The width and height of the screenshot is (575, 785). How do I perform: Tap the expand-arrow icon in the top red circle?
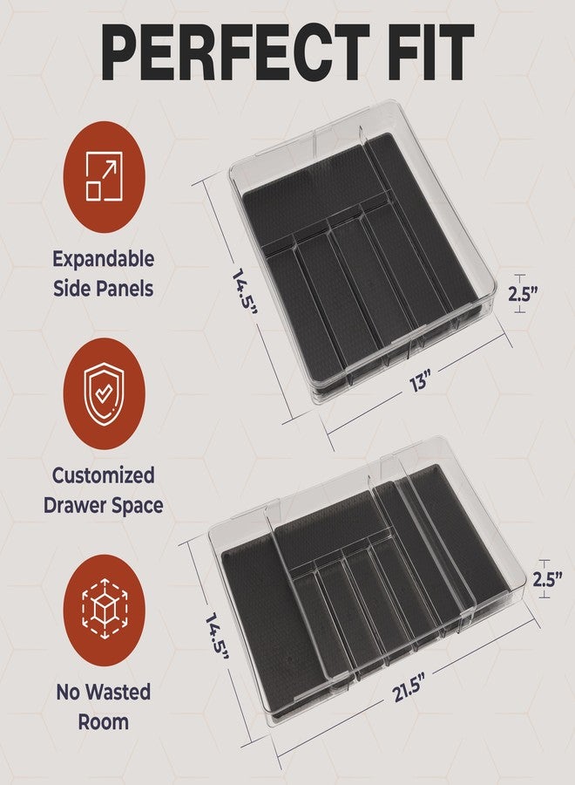coord(104,176)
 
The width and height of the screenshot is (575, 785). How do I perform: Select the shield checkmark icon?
coord(104,394)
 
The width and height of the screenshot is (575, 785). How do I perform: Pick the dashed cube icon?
coord(104,609)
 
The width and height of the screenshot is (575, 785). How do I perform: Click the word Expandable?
coord(104,260)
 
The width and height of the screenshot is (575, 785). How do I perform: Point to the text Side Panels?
coord(104,289)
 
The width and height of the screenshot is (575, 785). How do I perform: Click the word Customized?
coord(104,475)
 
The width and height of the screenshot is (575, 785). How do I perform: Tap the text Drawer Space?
coord(104,506)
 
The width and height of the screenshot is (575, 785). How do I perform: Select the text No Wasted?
coord(104,693)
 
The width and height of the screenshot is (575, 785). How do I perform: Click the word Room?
coord(104,722)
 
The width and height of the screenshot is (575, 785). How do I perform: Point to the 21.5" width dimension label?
coord(409,687)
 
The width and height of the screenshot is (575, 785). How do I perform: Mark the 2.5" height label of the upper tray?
coord(523,294)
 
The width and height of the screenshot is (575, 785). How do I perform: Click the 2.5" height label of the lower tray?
coord(547,580)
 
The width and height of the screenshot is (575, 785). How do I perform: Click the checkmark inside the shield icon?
coord(104,394)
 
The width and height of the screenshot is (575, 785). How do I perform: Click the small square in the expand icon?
coord(93,191)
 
